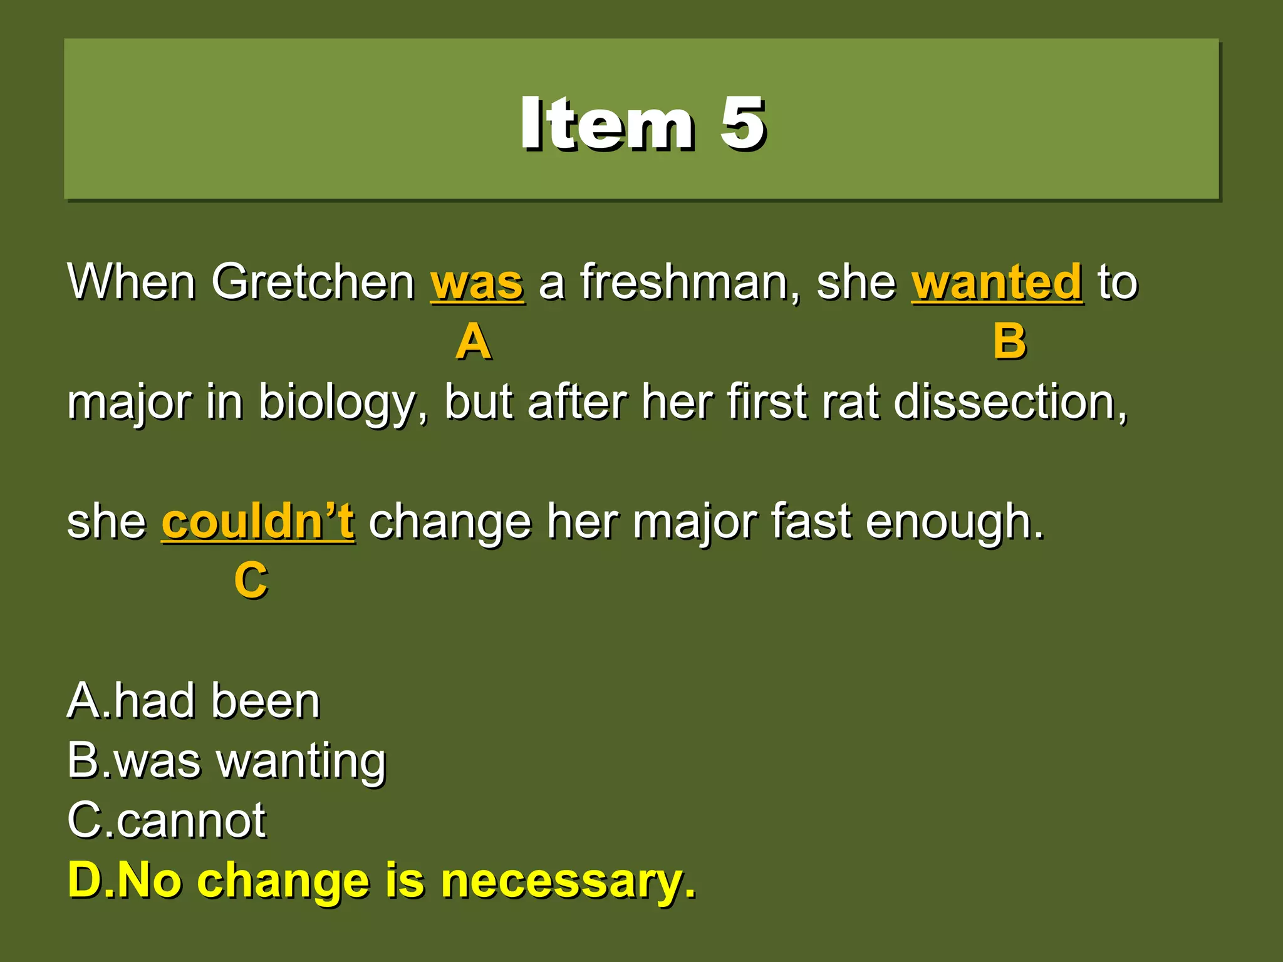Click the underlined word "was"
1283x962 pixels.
(x=477, y=283)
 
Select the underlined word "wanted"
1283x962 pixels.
(x=997, y=283)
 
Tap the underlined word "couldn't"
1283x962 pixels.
(x=258, y=522)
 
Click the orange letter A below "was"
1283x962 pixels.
(x=474, y=342)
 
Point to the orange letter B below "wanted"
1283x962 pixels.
(x=1009, y=342)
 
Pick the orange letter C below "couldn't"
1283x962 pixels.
(x=251, y=581)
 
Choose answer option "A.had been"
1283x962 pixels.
(x=194, y=701)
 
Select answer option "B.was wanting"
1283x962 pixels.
(x=227, y=761)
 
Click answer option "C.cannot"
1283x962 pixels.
(x=167, y=820)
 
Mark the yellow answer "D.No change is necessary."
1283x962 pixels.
(x=382, y=881)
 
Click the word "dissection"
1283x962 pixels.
(x=1010, y=402)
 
